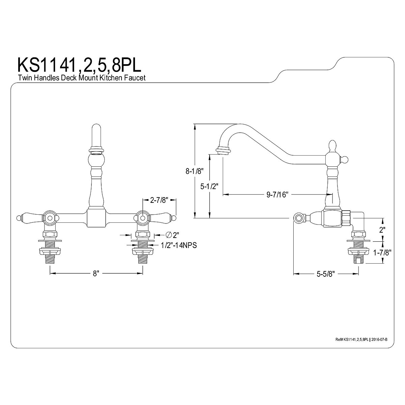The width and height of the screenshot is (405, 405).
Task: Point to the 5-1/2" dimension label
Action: [209, 186]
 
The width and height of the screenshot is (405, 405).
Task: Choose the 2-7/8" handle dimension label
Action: [159, 200]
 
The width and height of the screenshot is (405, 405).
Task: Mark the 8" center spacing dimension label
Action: [96, 273]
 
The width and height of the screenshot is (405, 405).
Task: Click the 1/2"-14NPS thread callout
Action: [179, 245]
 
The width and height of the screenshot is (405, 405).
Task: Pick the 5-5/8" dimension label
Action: [326, 274]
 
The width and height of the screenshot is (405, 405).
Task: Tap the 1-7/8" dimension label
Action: [382, 252]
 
